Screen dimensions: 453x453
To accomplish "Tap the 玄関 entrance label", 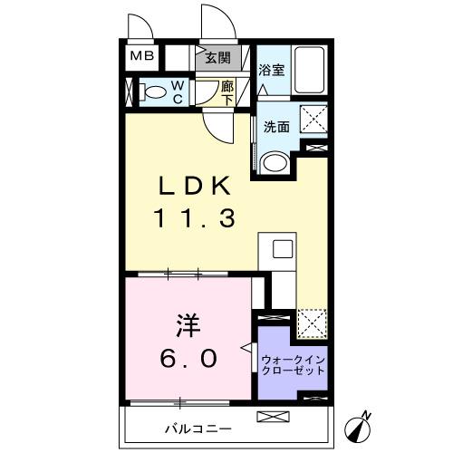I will (217, 57).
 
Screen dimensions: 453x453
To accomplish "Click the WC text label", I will (178, 92).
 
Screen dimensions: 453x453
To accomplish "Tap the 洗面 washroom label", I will (276, 127).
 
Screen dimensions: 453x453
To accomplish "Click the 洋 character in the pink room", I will (186, 324).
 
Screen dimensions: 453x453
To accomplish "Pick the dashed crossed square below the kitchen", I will (313, 323).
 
